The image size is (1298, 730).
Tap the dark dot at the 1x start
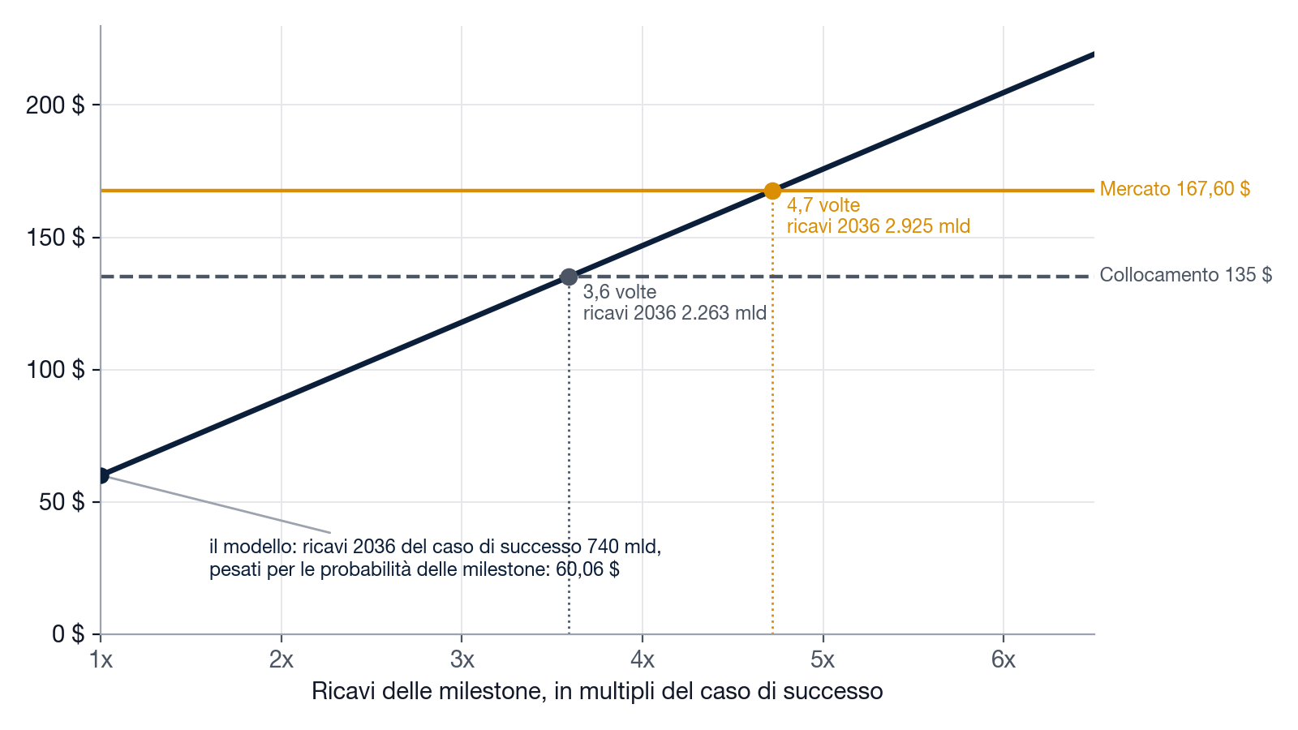click(101, 475)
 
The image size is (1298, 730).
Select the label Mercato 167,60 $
click(1176, 189)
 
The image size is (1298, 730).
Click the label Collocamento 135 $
click(1186, 275)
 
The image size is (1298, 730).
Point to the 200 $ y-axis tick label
click(56, 105)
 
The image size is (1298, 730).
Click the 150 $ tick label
click(56, 238)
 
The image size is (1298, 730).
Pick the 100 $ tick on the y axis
click(56, 370)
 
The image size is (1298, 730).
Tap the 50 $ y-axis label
click(62, 502)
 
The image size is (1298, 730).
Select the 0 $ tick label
click(68, 633)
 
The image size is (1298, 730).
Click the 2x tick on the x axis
click(282, 659)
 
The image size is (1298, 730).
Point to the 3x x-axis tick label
click(462, 659)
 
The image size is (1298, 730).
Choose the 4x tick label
click(643, 659)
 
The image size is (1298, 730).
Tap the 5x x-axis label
click(823, 659)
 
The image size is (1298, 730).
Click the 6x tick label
click(1004, 659)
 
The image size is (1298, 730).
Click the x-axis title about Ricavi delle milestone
click(597, 691)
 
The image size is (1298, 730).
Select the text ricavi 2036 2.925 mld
click(879, 226)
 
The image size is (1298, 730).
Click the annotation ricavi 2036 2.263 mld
click(675, 313)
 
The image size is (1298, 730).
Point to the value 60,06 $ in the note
click(587, 569)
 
